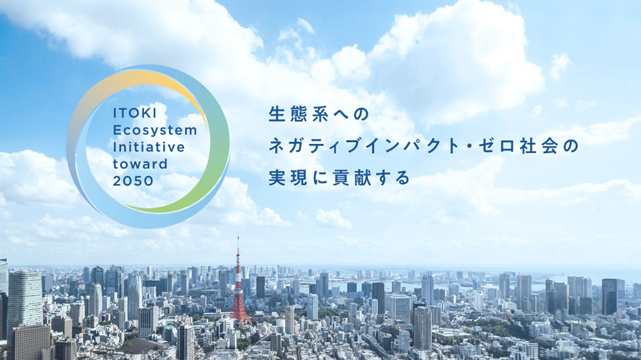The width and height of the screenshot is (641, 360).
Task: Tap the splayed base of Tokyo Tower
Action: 240,317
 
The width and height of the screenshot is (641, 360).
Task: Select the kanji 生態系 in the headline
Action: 299,113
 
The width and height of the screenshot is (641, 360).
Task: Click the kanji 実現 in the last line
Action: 288,177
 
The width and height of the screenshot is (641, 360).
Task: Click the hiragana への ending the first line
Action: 353,113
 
